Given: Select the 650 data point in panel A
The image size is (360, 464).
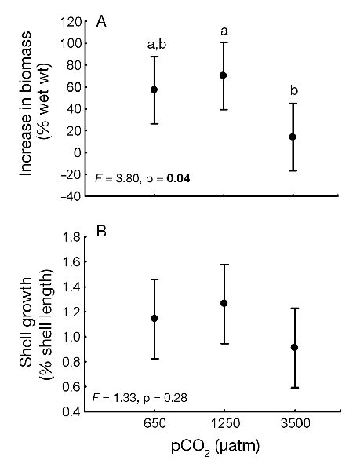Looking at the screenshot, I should pos(154,90).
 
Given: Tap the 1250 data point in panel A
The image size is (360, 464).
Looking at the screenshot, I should pos(224,75).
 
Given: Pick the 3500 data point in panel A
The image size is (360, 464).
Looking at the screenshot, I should pos(293,137).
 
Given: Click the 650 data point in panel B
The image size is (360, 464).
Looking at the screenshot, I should pos(154,318).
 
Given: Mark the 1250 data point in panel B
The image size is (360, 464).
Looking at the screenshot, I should pos(224,303).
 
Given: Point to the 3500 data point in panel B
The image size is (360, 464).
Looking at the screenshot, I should pos(293,347).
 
